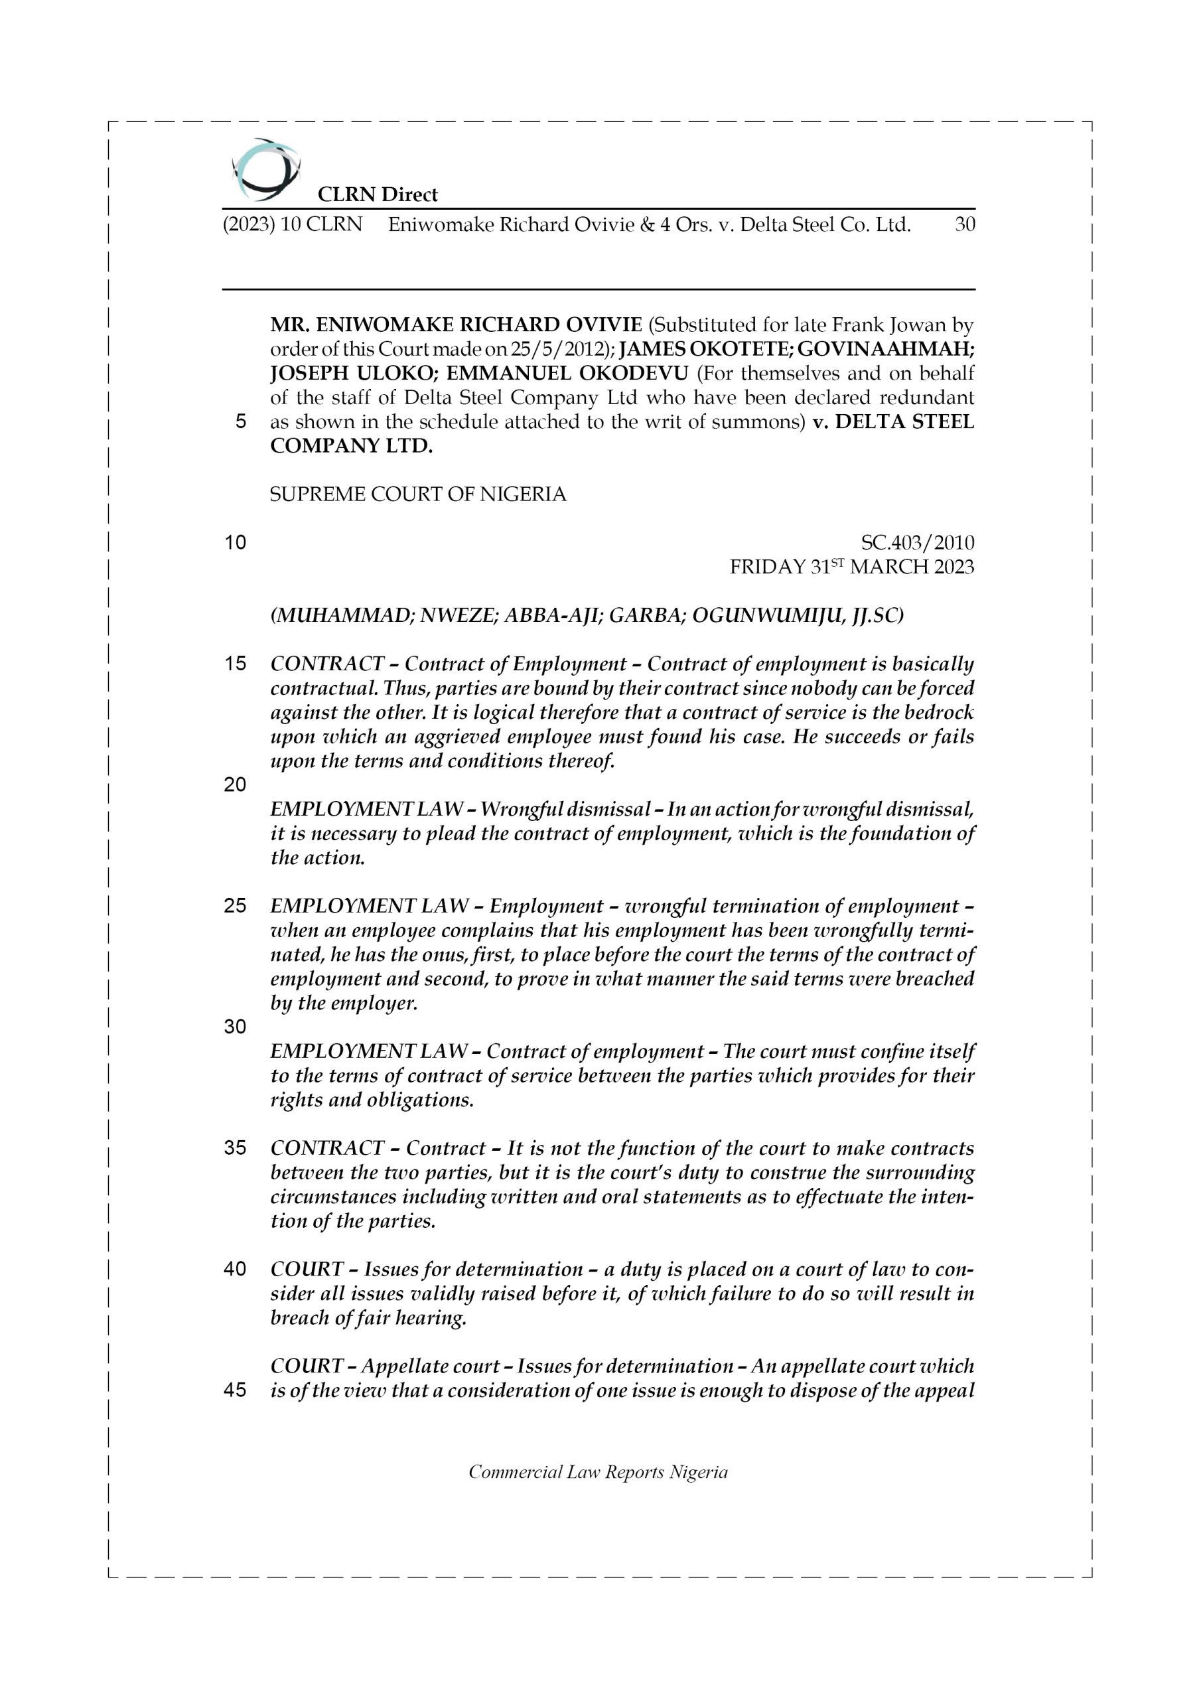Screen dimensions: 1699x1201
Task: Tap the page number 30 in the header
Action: pos(964,224)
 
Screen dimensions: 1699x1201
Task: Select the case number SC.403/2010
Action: pos(917,542)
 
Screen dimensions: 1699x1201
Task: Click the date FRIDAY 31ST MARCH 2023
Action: pos(851,567)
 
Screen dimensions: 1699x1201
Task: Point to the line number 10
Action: pos(235,542)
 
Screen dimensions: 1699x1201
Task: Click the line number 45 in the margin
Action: pos(235,1390)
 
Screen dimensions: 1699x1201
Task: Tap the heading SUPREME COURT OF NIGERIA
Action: pos(417,494)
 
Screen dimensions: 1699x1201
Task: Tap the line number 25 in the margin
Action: pos(235,906)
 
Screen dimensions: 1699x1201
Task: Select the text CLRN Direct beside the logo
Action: pos(378,194)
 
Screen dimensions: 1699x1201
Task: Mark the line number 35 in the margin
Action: pos(235,1147)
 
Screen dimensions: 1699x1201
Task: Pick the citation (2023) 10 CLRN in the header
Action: pos(293,224)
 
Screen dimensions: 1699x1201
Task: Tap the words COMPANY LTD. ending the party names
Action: pos(352,446)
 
